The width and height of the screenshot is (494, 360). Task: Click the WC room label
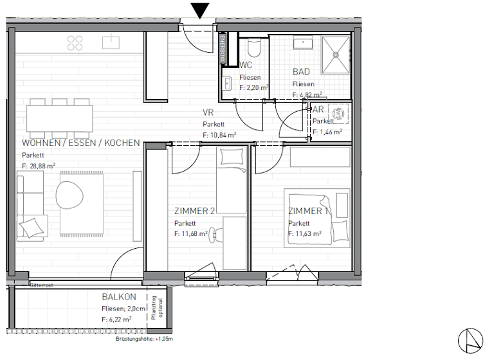tap(246, 66)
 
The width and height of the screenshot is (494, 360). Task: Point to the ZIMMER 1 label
tap(309, 212)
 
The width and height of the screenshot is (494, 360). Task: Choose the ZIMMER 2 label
tap(194, 212)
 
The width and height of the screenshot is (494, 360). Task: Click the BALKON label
tap(118, 297)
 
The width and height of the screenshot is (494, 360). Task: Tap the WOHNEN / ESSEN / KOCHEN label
tap(80, 143)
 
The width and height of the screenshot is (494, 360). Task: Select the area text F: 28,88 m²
tap(39, 165)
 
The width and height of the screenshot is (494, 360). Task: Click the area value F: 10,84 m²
tap(219, 135)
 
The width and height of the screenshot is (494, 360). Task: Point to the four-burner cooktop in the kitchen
tap(75, 43)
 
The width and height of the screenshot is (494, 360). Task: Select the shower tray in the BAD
tap(336, 52)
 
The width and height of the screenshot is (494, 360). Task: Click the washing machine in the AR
tap(338, 114)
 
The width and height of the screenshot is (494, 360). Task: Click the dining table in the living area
tap(59, 118)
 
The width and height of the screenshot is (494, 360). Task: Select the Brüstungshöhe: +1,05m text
tap(145, 338)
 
